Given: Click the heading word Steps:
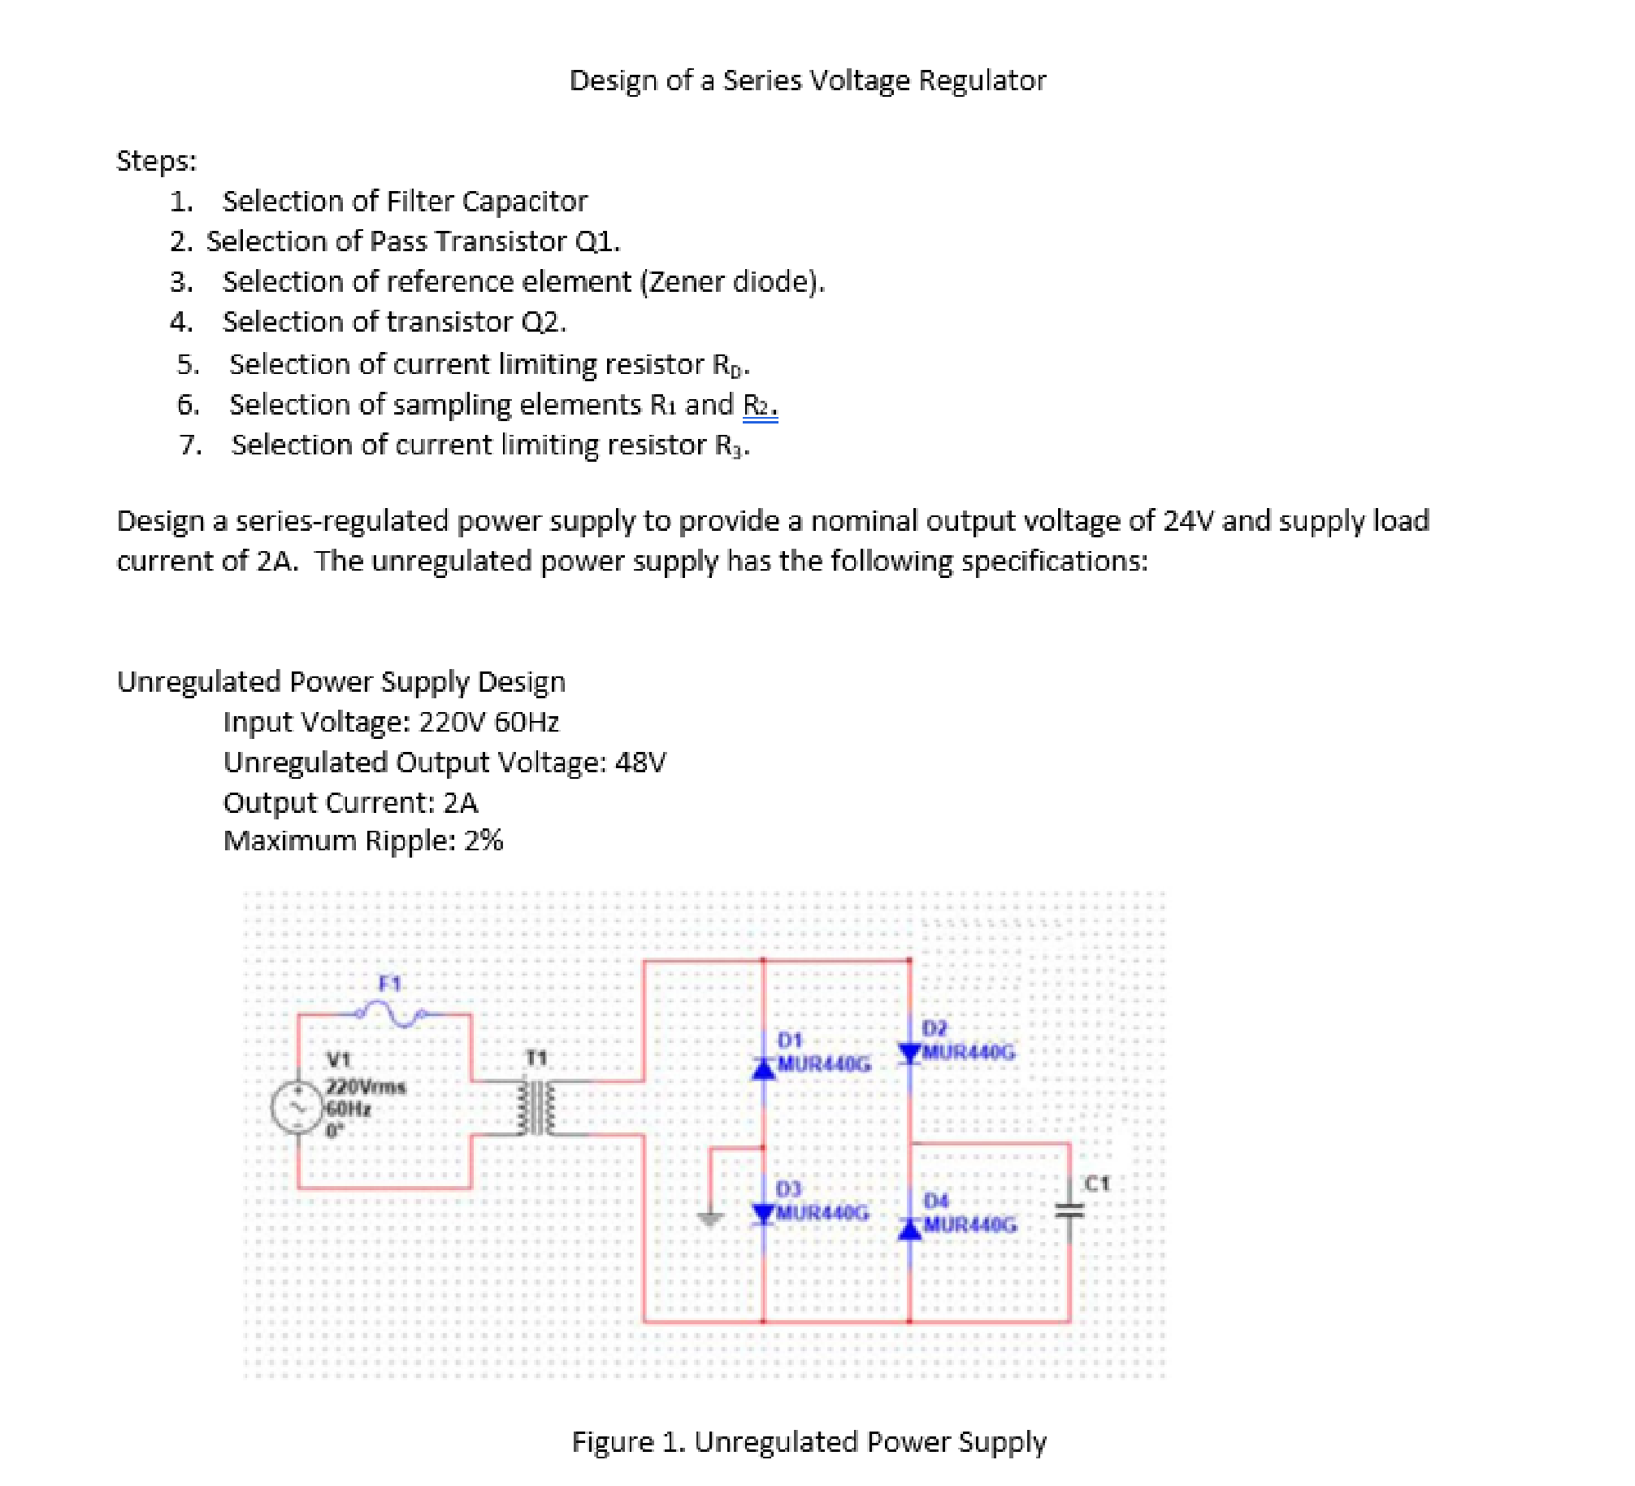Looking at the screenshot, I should [x=156, y=161].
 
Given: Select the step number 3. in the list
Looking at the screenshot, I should [x=181, y=282].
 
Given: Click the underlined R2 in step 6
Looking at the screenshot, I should [x=759, y=405].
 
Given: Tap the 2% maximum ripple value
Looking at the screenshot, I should [x=483, y=841].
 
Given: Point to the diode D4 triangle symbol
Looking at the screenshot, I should [x=909, y=1231].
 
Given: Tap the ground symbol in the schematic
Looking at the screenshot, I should [x=710, y=1218].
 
